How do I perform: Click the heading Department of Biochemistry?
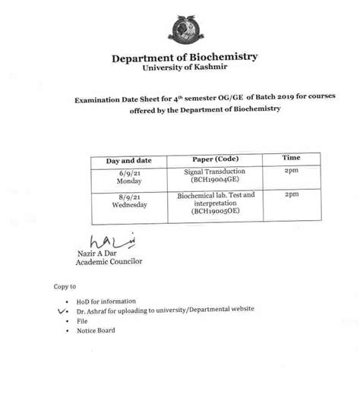pos(185,58)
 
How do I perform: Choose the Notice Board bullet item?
pos(96,330)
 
